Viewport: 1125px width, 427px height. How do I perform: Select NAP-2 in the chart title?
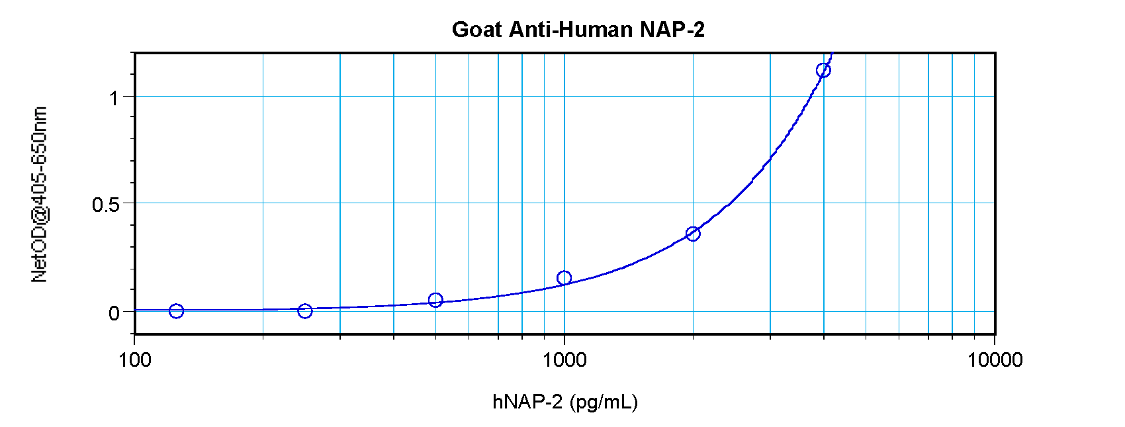click(672, 30)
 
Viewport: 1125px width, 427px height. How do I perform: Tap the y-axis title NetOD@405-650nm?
click(40, 194)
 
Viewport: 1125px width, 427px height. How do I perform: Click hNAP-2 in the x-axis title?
click(527, 402)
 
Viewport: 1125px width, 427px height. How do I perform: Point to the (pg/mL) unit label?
click(603, 403)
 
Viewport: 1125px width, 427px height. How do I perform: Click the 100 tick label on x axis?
click(134, 360)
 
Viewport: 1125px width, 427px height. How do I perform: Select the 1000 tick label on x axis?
click(564, 360)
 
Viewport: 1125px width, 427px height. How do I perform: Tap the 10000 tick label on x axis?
click(995, 360)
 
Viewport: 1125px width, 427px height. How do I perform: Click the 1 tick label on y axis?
click(114, 98)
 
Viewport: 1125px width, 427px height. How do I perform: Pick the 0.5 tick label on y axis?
click(105, 205)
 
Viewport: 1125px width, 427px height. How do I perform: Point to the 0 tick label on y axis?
click(114, 312)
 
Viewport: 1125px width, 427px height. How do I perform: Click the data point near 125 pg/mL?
click(176, 311)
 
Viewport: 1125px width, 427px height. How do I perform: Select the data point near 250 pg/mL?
click(305, 311)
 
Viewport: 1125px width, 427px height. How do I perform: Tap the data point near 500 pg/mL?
click(435, 301)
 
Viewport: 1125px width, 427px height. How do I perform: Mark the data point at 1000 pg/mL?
click(564, 278)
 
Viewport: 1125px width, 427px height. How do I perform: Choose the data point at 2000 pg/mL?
click(693, 234)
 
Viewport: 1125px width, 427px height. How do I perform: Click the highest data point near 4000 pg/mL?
click(823, 71)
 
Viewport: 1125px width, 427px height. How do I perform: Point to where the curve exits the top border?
click(831, 53)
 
